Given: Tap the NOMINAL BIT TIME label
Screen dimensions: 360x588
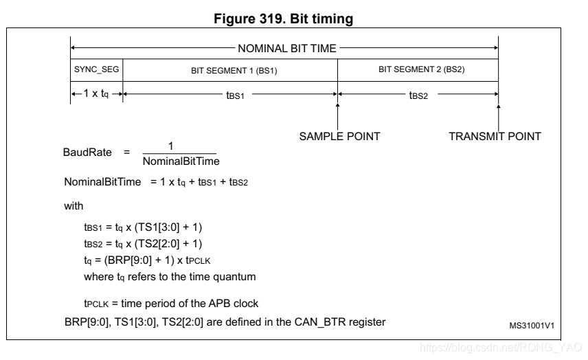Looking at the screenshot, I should tap(287, 48).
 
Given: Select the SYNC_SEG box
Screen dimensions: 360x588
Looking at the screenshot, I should tap(96, 70).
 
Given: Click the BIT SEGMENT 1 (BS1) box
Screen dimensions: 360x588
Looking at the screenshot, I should tap(229, 70).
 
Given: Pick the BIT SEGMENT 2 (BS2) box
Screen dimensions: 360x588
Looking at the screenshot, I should tap(417, 70).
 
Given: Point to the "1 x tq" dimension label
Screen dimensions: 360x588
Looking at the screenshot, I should tap(95, 93).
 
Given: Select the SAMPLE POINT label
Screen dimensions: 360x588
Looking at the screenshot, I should tap(339, 136).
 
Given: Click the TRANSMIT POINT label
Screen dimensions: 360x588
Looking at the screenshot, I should tap(495, 136).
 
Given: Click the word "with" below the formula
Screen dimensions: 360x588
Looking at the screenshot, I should tap(73, 205).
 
